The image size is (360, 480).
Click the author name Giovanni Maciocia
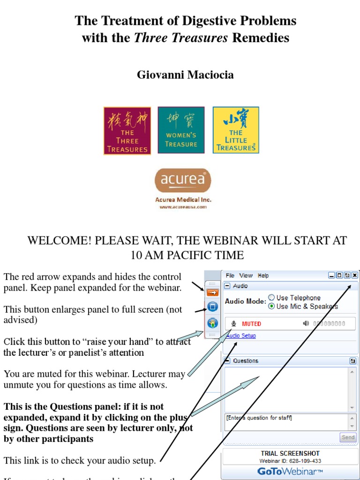[185, 75]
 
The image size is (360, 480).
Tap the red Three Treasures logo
[127, 130]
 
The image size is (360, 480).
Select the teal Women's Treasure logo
[181, 130]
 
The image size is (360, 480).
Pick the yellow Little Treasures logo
[236, 130]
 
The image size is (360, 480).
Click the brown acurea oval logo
[183, 181]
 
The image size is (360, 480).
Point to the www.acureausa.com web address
[183, 207]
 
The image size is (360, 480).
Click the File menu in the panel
[230, 276]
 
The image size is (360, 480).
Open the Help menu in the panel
[263, 276]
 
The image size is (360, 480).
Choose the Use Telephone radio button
[271, 298]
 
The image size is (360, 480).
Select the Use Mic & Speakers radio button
[271, 307]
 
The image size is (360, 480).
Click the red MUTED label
[251, 324]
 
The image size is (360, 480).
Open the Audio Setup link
[241, 336]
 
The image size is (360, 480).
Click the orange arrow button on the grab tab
[212, 292]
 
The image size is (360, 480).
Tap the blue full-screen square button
[212, 307]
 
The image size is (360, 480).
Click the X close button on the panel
[355, 276]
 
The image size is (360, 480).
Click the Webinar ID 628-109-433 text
[291, 461]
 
